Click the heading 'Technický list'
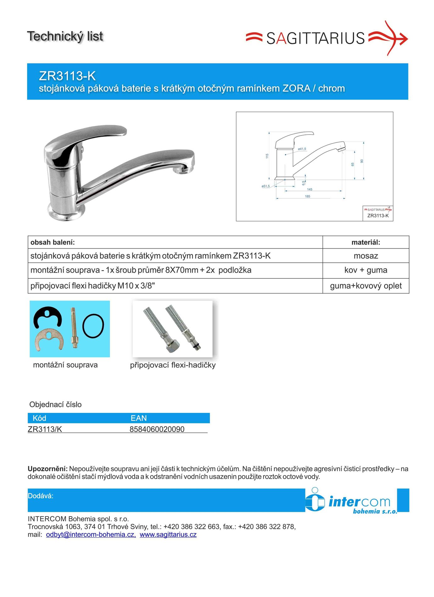pyautogui.click(x=65, y=36)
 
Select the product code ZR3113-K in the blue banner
pyautogui.click(x=67, y=76)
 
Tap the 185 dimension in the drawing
pyautogui.click(x=308, y=196)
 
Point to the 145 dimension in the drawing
pyautogui.click(x=310, y=189)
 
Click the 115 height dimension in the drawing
pyautogui.click(x=267, y=156)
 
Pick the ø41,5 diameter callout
pyautogui.click(x=302, y=149)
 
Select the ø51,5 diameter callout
pyautogui.click(x=266, y=186)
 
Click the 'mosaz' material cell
pyautogui.click(x=366, y=256)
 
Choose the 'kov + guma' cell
pyautogui.click(x=366, y=270)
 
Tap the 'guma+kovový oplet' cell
pyautogui.click(x=366, y=286)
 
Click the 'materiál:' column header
pyautogui.click(x=366, y=242)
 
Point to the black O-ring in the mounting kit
pyautogui.click(x=93, y=326)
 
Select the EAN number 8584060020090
pyautogui.click(x=157, y=429)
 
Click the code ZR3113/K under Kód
pyautogui.click(x=45, y=429)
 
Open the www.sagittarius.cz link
pyautogui.click(x=168, y=535)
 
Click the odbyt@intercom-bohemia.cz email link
pyautogui.click(x=91, y=535)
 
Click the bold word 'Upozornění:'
pyautogui.click(x=48, y=469)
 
